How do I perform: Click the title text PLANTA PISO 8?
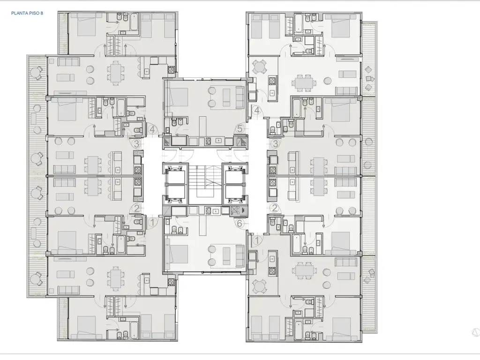pos(27,13)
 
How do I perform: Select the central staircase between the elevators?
pos(205,184)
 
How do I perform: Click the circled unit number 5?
pos(240,129)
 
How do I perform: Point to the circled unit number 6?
pos(240,224)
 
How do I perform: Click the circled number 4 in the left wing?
pos(152,129)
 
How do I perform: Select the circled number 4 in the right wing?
pos(257,110)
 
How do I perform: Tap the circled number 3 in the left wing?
pos(136,143)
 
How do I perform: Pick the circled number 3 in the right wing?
pos(275,143)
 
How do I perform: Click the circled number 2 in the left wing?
pos(136,209)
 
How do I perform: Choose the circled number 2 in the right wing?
pos(275,209)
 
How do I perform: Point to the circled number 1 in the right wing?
pos(257,240)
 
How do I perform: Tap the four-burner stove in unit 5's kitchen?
pos(208,141)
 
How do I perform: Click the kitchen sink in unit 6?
pos(216,211)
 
